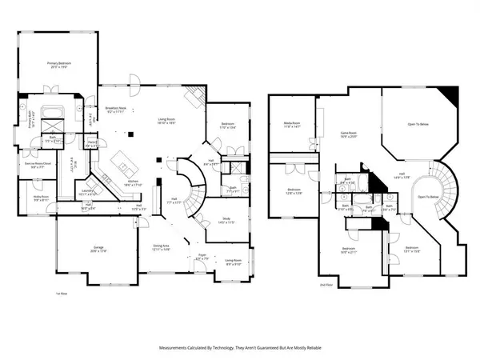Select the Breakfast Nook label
[118, 110]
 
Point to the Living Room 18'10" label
[166, 121]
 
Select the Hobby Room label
[42, 198]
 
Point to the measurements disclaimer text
[239, 347]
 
